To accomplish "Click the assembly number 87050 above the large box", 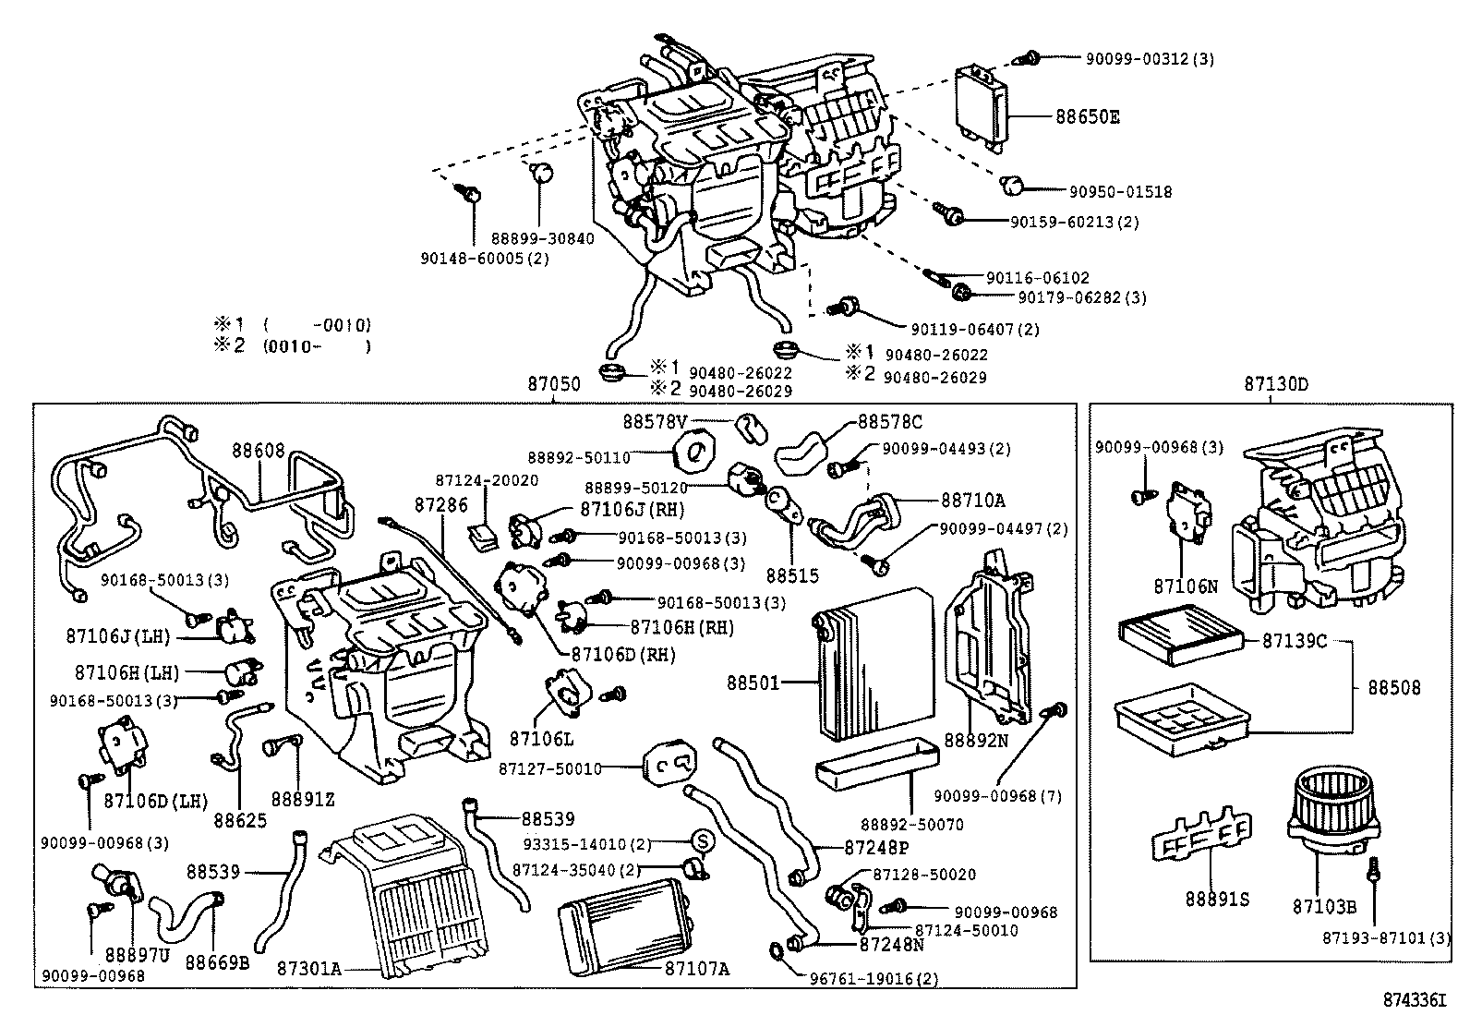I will point(554,384).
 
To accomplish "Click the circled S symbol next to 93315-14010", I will point(702,841).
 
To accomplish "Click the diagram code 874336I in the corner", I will point(1421,999).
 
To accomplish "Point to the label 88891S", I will point(1218,898).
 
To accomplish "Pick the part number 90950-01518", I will point(1121,192).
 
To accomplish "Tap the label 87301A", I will point(309,968).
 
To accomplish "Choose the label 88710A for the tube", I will point(972,500).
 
